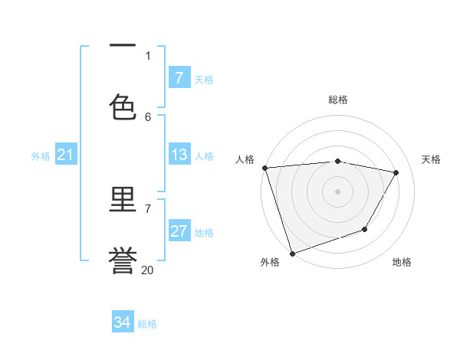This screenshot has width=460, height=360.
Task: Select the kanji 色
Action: pyautogui.click(x=123, y=106)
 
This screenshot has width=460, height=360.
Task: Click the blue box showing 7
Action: pyautogui.click(x=179, y=77)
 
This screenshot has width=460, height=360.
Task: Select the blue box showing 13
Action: pyautogui.click(x=179, y=155)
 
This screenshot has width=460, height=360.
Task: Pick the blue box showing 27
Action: pyautogui.click(x=179, y=231)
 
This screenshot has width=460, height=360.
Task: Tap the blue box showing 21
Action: pyautogui.click(x=66, y=155)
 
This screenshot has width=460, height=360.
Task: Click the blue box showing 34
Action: pyautogui.click(x=123, y=322)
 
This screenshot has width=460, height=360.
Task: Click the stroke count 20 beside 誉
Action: pyautogui.click(x=148, y=270)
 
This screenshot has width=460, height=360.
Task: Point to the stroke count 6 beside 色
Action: pyautogui.click(x=148, y=116)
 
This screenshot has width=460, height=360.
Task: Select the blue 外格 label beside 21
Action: pyautogui.click(x=41, y=155)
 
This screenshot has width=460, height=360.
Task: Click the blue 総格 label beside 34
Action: pyautogui.click(x=147, y=324)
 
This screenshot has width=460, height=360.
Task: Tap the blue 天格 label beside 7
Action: pyautogui.click(x=204, y=79)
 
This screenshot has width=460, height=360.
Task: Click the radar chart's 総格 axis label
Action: pyautogui.click(x=338, y=100)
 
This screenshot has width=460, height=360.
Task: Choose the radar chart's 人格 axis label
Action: pyautogui.click(x=245, y=159)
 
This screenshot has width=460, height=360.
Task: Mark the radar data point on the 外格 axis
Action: pyautogui.click(x=291, y=253)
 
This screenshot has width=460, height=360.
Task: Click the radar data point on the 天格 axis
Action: pyautogui.click(x=396, y=172)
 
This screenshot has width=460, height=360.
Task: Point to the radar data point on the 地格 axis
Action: pyautogui.click(x=365, y=229)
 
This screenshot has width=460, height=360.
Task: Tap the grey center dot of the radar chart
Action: pyautogui.click(x=338, y=191)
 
